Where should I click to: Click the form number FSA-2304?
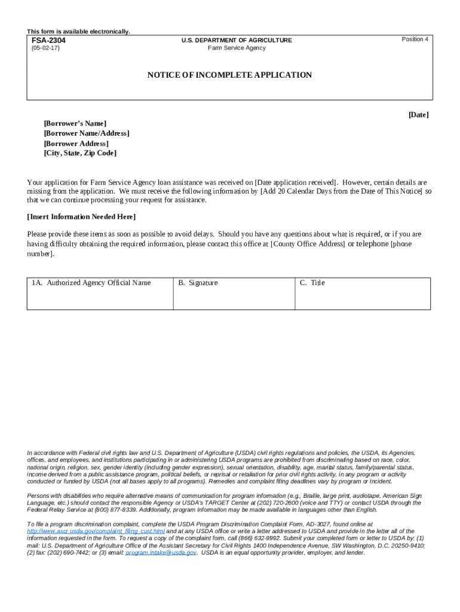tap(48, 41)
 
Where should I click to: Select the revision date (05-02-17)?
tap(45, 48)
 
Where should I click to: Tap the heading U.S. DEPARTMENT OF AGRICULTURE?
tap(237, 40)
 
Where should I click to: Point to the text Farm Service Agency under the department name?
tap(237, 48)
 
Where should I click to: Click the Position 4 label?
tap(415, 39)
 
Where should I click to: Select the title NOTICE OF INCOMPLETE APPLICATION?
tap(230, 75)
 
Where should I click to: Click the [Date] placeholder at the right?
tap(418, 114)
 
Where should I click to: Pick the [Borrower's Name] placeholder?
tap(75, 123)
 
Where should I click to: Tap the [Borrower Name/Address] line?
tap(86, 133)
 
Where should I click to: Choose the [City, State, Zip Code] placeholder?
tap(80, 153)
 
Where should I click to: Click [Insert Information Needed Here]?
tap(81, 216)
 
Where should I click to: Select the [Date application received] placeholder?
tap(296, 182)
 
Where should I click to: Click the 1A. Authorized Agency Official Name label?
tap(91, 283)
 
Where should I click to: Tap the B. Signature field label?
tap(198, 283)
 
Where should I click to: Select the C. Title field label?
tap(312, 283)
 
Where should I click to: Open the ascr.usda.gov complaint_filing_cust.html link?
tap(96, 531)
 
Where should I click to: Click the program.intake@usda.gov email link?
tap(161, 553)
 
